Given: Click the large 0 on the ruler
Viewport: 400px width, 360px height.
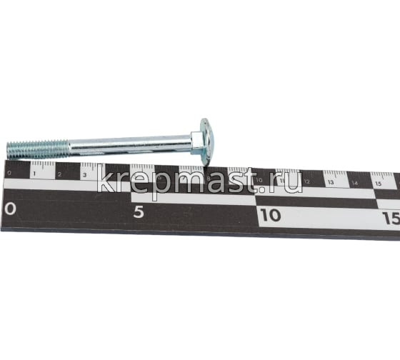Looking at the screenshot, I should pos(9,209).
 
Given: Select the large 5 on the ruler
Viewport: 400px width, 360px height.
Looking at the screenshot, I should pos(139,211).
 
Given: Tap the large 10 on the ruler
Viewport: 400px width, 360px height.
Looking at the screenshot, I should pos(270,214).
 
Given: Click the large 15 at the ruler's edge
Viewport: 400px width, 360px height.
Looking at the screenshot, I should pos(391,217).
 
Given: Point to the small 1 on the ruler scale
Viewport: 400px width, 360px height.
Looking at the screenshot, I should pos(34,171).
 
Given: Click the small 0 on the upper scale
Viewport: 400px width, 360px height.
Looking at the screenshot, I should pos(9,171).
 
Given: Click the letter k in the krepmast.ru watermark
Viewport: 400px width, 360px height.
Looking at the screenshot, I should pos(105,181).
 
